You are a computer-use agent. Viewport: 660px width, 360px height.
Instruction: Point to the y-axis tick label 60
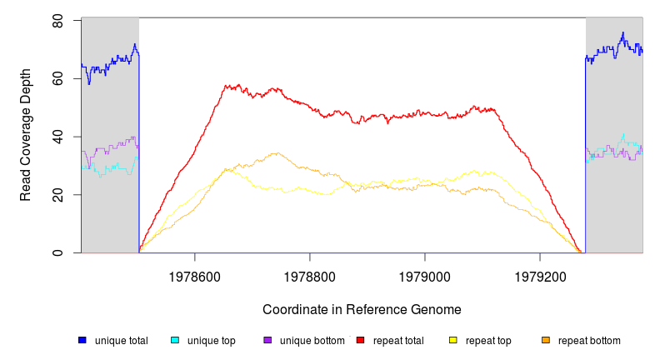click(57, 78)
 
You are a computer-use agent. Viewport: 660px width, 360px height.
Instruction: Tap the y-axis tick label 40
click(57, 137)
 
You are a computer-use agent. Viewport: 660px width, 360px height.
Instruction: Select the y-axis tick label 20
click(57, 195)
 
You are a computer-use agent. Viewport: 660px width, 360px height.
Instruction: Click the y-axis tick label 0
click(57, 252)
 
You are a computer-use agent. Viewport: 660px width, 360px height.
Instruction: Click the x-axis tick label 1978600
click(195, 274)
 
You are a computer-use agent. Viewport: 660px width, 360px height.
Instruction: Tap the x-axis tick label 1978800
click(310, 274)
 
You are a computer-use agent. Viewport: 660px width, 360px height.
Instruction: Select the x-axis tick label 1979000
click(425, 274)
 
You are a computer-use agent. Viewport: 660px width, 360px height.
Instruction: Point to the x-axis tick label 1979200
click(540, 274)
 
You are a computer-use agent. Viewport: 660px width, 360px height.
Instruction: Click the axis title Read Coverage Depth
click(26, 135)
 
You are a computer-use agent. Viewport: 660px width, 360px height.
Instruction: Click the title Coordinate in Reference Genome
click(362, 310)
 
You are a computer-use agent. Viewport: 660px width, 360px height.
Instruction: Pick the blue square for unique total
click(82, 340)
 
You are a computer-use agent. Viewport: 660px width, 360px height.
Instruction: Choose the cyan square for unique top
click(175, 340)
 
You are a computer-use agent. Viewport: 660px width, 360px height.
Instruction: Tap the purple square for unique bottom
click(267, 340)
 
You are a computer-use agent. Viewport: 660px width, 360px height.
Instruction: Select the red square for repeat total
click(360, 340)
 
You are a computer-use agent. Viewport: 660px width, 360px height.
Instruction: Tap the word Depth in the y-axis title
click(26, 87)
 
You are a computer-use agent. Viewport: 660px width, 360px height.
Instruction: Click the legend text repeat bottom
click(589, 341)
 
